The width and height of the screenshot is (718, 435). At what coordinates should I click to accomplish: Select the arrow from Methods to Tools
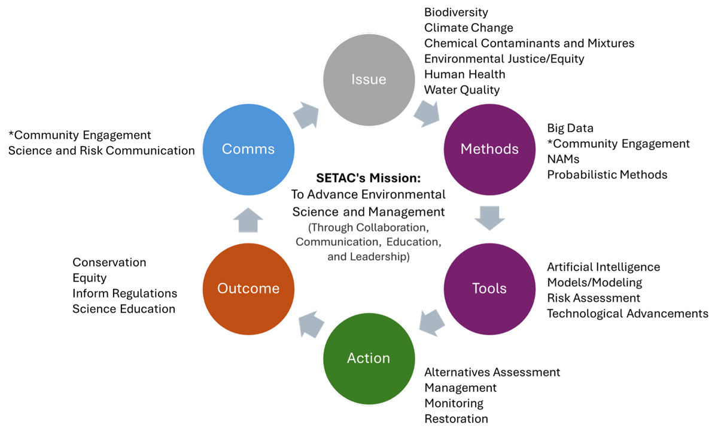(489, 218)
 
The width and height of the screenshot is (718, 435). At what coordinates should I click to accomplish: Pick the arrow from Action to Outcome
(311, 324)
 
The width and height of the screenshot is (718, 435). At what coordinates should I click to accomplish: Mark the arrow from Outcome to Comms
(248, 220)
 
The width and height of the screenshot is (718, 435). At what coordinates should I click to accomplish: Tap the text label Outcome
(248, 288)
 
